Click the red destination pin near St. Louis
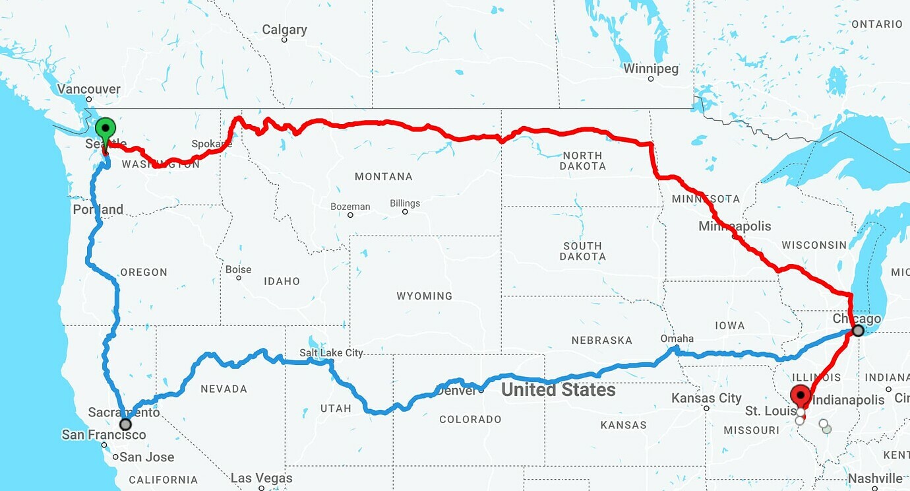801,395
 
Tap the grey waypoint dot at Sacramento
125,424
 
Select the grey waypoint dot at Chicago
858,331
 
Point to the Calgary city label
284,30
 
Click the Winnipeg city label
650,69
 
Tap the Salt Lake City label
331,353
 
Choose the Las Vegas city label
261,478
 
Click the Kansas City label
706,398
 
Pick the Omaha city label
677,339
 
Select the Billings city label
405,203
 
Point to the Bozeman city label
350,207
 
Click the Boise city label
238,269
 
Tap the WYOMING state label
424,296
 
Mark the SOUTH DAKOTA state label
582,251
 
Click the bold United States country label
558,390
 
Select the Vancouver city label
88,89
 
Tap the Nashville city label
875,478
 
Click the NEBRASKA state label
601,341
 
